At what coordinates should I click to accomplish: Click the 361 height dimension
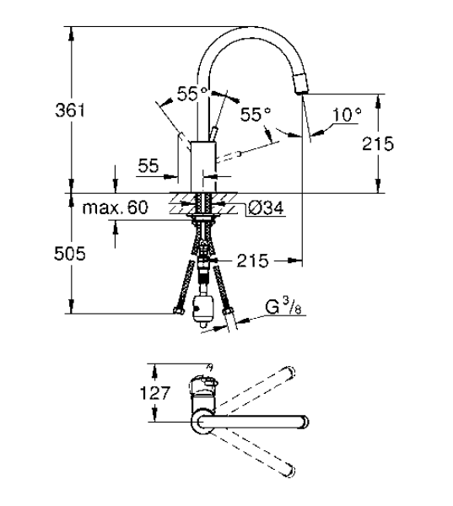point(70,110)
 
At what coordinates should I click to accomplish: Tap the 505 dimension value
point(70,253)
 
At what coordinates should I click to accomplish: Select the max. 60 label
point(116,207)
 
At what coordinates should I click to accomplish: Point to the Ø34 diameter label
point(266,208)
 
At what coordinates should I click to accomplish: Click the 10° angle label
point(347,115)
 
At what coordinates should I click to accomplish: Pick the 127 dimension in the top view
point(154,393)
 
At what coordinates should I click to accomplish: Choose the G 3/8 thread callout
point(283,307)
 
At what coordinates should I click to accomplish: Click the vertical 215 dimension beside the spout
point(378,143)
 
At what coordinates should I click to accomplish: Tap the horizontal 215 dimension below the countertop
point(252,261)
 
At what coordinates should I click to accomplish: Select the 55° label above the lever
point(191,94)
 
